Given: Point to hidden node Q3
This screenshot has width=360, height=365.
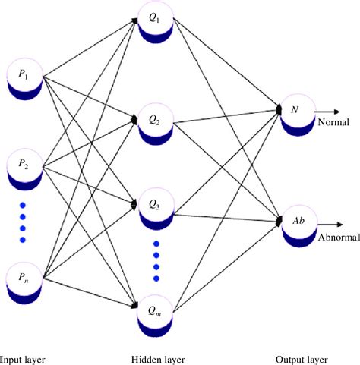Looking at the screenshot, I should coord(156,206).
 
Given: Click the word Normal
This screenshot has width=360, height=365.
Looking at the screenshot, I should coord(335,121).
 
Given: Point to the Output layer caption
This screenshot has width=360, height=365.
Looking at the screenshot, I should coord(303,356).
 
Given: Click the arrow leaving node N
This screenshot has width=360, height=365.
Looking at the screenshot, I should coord(328,111).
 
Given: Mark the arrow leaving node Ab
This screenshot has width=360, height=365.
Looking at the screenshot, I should coord(328,225).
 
